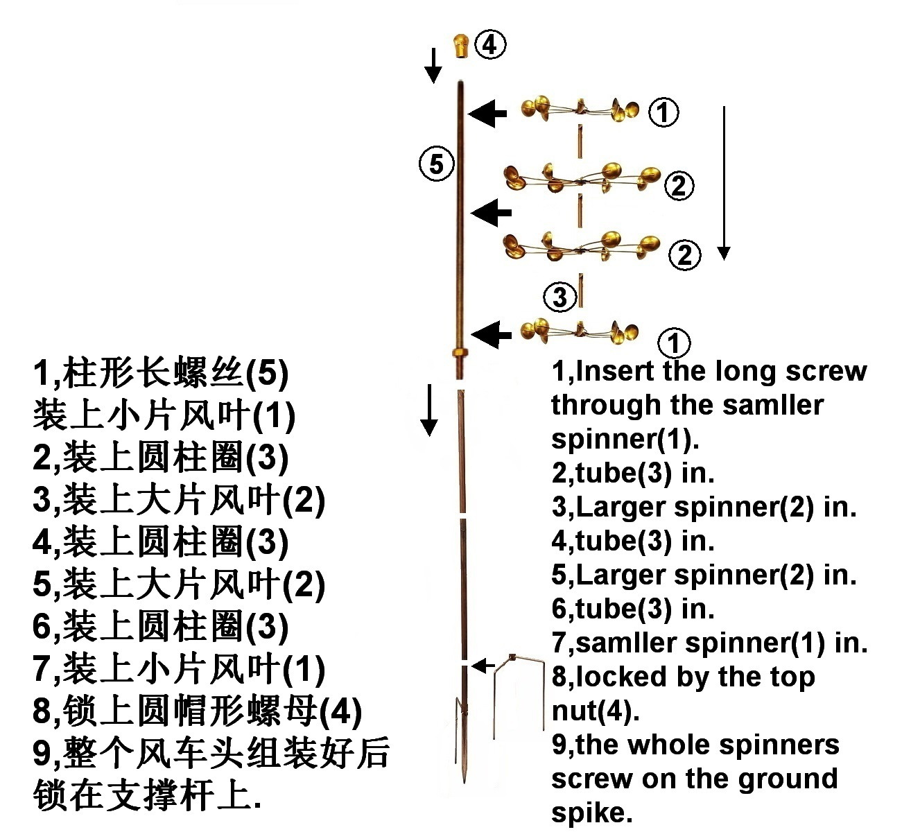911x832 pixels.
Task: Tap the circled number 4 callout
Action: click(x=490, y=45)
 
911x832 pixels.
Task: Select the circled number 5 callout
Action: click(x=436, y=165)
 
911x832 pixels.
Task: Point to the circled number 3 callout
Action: click(x=559, y=297)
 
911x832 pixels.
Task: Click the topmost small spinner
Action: click(x=580, y=110)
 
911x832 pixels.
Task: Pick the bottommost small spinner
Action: click(x=580, y=331)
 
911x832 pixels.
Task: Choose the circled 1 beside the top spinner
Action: click(x=663, y=112)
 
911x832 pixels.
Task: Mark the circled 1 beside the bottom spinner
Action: click(x=673, y=343)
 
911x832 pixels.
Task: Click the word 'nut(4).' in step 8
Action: click(x=596, y=710)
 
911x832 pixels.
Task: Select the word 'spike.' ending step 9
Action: click(x=592, y=812)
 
